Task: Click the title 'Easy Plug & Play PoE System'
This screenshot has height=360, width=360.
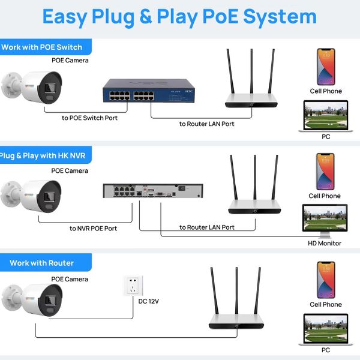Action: click(x=179, y=17)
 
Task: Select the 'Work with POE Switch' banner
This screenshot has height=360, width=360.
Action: click(x=44, y=47)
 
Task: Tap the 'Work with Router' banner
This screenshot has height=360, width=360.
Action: click(x=42, y=263)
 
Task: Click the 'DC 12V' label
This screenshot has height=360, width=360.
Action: click(x=149, y=300)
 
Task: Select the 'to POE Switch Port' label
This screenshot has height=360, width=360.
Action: click(x=89, y=118)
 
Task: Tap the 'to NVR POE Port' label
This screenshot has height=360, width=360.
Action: click(x=93, y=228)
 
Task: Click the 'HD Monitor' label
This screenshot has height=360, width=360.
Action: click(x=325, y=243)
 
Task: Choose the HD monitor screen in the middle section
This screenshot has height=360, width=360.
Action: click(x=325, y=219)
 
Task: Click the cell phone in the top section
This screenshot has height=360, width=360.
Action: click(x=325, y=67)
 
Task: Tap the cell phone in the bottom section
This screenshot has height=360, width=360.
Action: click(x=325, y=280)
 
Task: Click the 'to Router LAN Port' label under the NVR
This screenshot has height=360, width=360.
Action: click(x=207, y=227)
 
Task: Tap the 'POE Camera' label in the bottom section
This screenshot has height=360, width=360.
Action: click(x=70, y=279)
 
